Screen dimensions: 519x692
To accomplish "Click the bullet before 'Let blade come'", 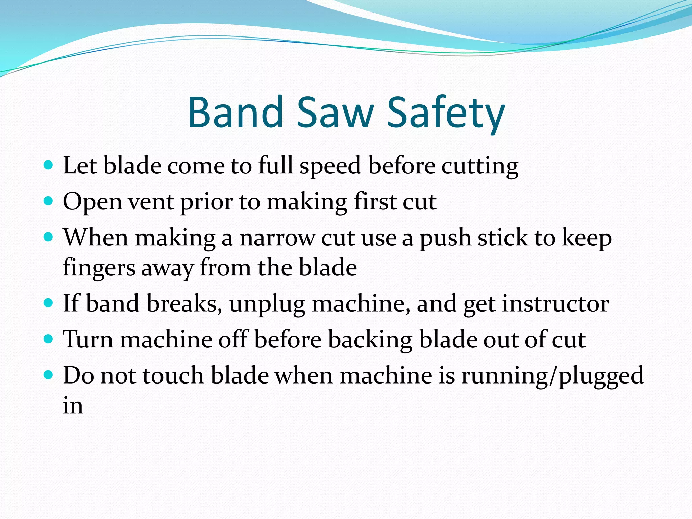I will coord(49,165).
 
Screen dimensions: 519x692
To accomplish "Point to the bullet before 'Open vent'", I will coord(49,201).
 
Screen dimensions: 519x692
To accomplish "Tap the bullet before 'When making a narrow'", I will coord(49,237).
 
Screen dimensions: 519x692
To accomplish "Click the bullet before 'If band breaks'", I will coord(49,302).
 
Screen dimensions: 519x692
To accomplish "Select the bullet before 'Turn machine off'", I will coord(49,339).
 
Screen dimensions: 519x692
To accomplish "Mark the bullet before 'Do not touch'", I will coord(49,375).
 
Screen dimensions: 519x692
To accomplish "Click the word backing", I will coord(370,340).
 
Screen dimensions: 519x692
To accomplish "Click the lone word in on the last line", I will coord(73,405).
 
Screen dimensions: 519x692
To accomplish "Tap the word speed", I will coord(330,167).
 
